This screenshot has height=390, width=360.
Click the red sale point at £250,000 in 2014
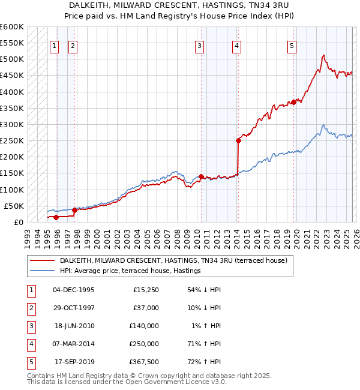click(x=238, y=141)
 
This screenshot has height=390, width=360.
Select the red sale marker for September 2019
click(x=293, y=103)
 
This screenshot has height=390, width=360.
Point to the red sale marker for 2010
click(x=201, y=176)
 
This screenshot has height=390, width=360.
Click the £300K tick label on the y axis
click(x=12, y=125)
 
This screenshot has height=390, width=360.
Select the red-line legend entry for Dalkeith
click(x=173, y=261)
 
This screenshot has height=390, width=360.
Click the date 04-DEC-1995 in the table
click(x=74, y=290)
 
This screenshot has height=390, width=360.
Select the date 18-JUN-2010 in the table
click(x=74, y=326)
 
